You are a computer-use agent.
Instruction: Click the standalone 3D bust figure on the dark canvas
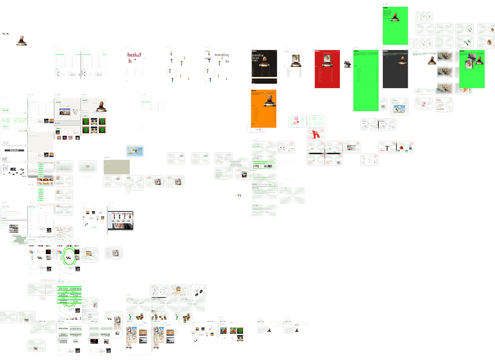tap(21, 40)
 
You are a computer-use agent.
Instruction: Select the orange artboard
tap(264, 108)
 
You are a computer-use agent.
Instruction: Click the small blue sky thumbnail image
tap(135, 151)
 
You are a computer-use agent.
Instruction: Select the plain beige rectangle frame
tap(117, 167)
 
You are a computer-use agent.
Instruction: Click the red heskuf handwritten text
tap(134, 55)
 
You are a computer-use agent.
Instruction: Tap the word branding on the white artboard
tap(222, 55)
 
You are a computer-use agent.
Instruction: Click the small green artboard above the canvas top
tap(395, 26)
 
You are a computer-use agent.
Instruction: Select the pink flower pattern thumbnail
tap(297, 121)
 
